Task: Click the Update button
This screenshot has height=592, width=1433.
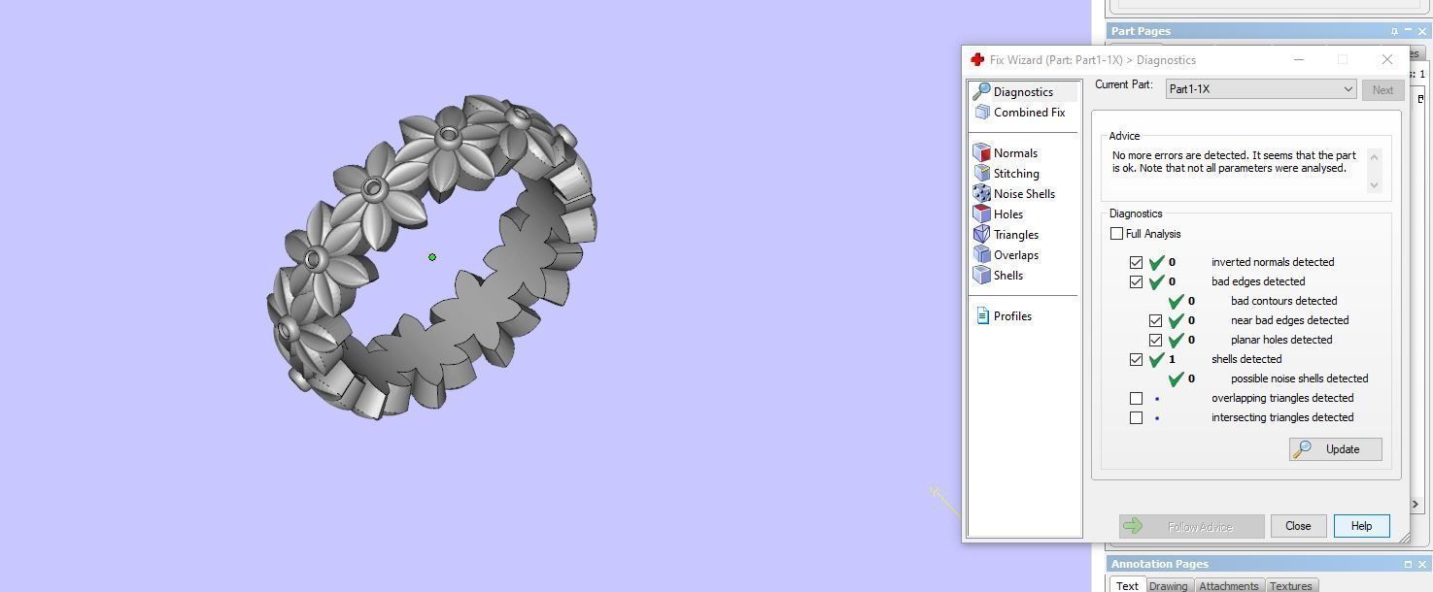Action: pos(1335,449)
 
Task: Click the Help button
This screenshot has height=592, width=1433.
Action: pos(1361,526)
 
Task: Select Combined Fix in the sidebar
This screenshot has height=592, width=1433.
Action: pos(1029,113)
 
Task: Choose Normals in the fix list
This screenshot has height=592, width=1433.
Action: pos(1015,153)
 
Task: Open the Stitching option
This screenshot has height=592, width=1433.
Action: pos(1016,174)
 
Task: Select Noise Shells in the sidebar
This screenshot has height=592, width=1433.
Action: pos(1024,194)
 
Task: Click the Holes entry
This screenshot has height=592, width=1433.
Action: pos(1007,214)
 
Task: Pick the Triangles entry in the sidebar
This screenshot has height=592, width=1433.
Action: pos(1015,235)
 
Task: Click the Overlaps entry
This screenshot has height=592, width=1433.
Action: pos(1015,255)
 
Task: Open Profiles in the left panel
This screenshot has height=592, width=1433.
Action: pos(1012,316)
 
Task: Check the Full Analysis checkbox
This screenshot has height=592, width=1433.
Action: pos(1117,234)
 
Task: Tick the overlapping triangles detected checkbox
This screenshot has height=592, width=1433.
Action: pos(1136,398)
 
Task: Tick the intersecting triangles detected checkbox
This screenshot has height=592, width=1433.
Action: pos(1136,418)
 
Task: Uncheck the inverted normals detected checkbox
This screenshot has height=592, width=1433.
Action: pos(1136,262)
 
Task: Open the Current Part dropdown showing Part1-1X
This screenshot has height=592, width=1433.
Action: pos(1260,89)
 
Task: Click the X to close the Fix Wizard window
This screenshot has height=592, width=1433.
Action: pos(1386,59)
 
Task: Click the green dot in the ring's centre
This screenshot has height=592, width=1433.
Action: pos(432,257)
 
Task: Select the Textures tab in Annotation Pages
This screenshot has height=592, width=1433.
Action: pos(1290,585)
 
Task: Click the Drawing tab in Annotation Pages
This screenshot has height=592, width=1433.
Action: pos(1168,585)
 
